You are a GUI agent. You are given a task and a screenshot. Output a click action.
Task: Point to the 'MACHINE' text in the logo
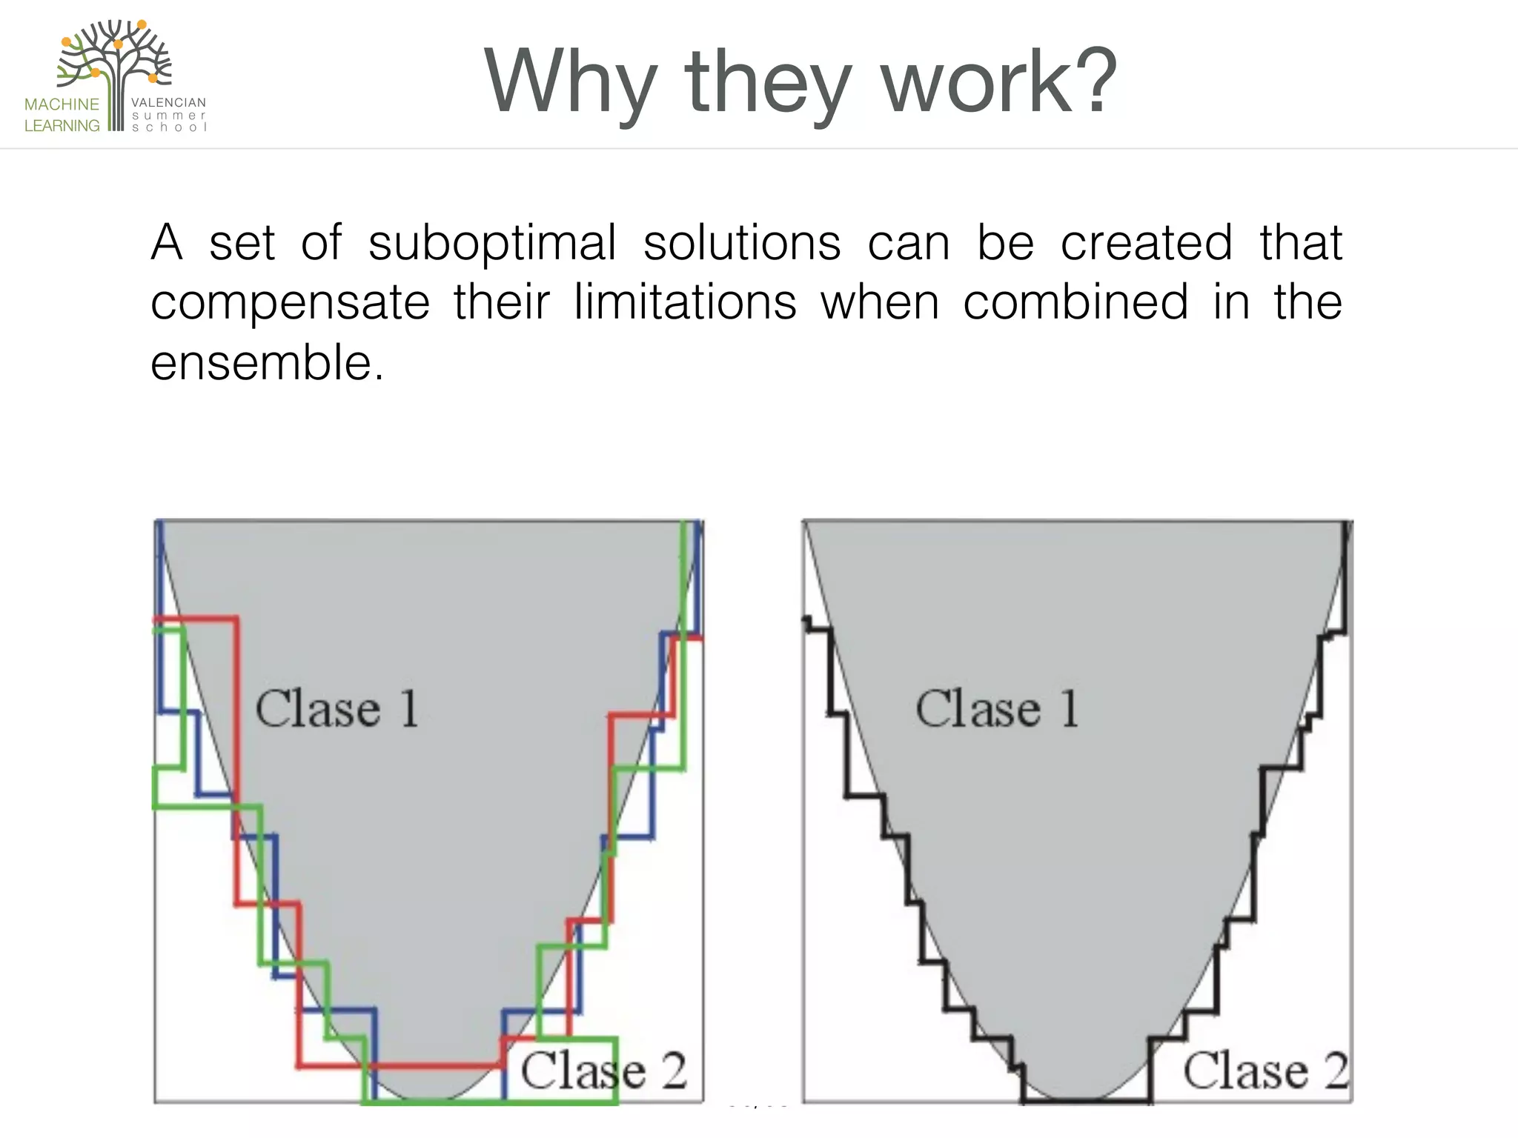(62, 104)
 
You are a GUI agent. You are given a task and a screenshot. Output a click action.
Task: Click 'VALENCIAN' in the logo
(168, 103)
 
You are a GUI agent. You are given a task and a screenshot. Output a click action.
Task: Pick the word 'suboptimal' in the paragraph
(492, 243)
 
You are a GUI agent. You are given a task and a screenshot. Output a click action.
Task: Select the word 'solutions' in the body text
(742, 243)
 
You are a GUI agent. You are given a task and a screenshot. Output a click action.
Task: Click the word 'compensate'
(290, 304)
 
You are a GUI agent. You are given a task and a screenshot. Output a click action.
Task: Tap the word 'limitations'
(686, 302)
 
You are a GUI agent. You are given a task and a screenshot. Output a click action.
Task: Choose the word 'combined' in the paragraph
(1075, 302)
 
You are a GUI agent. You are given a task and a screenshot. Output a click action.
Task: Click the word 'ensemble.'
(268, 363)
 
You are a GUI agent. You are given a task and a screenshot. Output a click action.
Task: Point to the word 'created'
(1147, 243)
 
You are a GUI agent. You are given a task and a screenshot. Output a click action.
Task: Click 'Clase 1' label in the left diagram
(337, 708)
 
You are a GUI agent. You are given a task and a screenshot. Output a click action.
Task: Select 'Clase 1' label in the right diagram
(997, 708)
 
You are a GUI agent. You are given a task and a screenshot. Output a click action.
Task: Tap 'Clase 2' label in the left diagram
(603, 1071)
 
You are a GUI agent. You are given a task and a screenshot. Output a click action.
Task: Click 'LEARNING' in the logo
(62, 126)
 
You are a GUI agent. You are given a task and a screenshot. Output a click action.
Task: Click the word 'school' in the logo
(168, 127)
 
